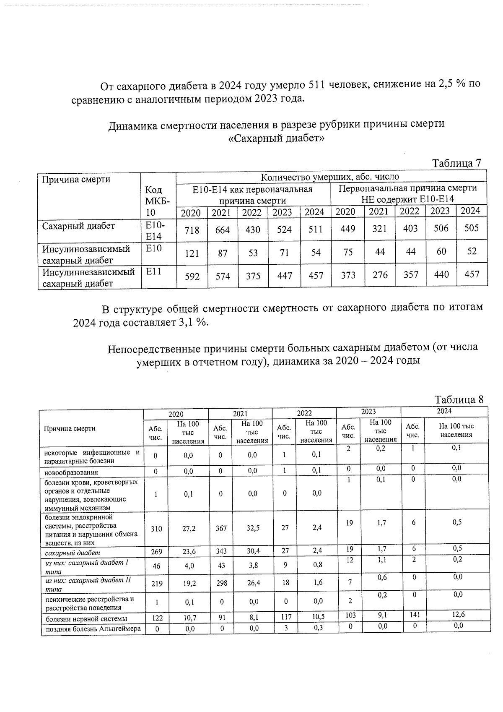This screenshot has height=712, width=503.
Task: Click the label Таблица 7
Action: point(456,163)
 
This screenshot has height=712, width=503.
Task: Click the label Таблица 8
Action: point(459,399)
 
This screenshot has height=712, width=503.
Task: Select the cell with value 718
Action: point(192,230)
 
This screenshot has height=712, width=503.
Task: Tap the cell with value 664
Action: point(222,230)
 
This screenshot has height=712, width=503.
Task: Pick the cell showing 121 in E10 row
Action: point(192,253)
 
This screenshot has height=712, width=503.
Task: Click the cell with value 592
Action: point(192,276)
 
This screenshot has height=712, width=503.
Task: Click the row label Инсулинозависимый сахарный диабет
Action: point(86,254)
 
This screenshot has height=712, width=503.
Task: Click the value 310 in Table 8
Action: point(156,529)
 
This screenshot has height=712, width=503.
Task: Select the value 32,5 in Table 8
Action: point(252,528)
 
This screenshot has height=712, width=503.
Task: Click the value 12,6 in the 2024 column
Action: point(457,615)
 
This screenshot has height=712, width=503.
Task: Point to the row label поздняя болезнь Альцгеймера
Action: point(93,629)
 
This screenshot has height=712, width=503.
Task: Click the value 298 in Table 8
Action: point(220,583)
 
